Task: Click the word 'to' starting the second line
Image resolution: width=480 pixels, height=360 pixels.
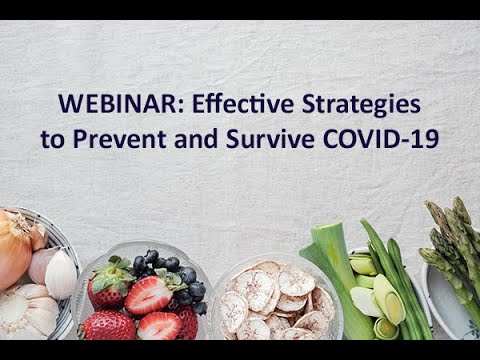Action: (52, 138)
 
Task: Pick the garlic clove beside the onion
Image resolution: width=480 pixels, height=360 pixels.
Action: (58, 272)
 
